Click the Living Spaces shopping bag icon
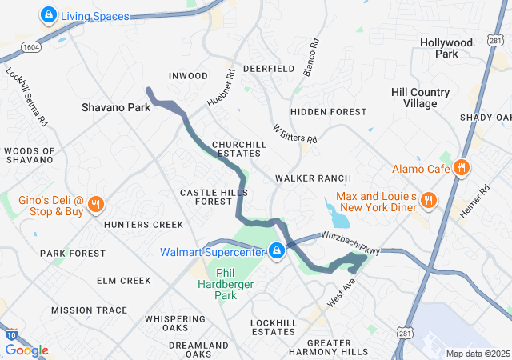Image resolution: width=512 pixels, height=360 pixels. (x=48, y=14)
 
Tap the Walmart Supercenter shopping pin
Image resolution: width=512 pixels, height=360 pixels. (x=277, y=251)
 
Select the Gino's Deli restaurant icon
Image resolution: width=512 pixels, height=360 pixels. (x=96, y=204)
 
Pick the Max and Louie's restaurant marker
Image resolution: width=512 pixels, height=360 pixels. (x=429, y=200)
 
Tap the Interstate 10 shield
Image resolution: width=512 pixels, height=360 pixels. (x=9, y=336)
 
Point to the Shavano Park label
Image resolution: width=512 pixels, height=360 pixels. (x=116, y=106)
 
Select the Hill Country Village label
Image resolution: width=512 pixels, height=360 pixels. (x=426, y=98)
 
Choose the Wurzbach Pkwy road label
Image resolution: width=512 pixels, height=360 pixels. (x=351, y=243)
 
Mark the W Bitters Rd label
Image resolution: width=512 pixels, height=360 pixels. (x=294, y=134)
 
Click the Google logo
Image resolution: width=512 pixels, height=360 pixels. (x=26, y=350)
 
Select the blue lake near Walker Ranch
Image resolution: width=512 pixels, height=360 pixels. (x=336, y=214)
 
